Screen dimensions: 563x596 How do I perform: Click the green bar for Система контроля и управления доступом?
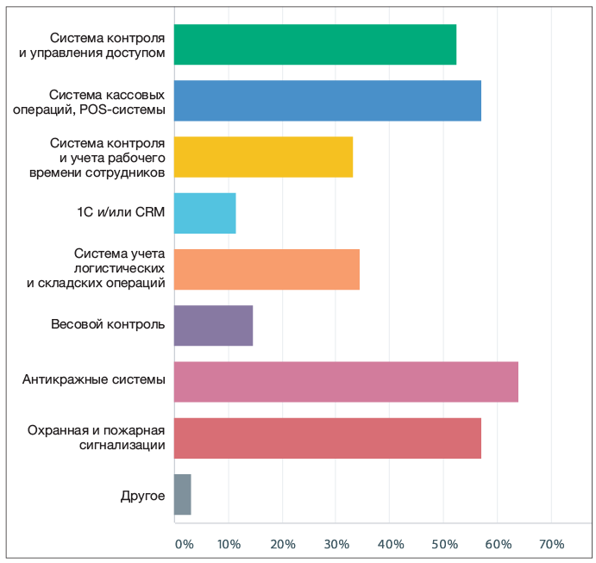coord(315,45)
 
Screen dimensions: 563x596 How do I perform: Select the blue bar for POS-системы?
coord(328,101)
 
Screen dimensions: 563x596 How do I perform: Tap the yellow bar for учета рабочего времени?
coord(263,157)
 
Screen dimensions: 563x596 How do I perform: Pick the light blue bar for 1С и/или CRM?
coord(204,213)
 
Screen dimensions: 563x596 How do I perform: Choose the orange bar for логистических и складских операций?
coord(267,269)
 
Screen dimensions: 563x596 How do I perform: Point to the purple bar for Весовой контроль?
coord(213,325)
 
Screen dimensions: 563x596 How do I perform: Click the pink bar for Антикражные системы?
coord(346,382)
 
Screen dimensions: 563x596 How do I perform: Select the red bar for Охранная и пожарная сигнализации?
coord(328,438)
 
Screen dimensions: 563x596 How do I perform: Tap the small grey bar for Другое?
coord(182,494)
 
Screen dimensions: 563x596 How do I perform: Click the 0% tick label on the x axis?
coord(184,544)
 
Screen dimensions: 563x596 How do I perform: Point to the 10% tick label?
coord(228,544)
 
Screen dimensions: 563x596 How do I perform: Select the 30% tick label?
coord(336,544)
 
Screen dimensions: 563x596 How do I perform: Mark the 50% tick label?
coord(443,544)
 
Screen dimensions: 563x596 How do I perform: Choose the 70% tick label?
coord(551,544)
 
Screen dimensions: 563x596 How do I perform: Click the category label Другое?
coord(143,495)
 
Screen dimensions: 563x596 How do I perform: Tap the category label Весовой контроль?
coord(108,325)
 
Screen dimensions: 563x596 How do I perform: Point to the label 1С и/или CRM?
coord(120,213)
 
